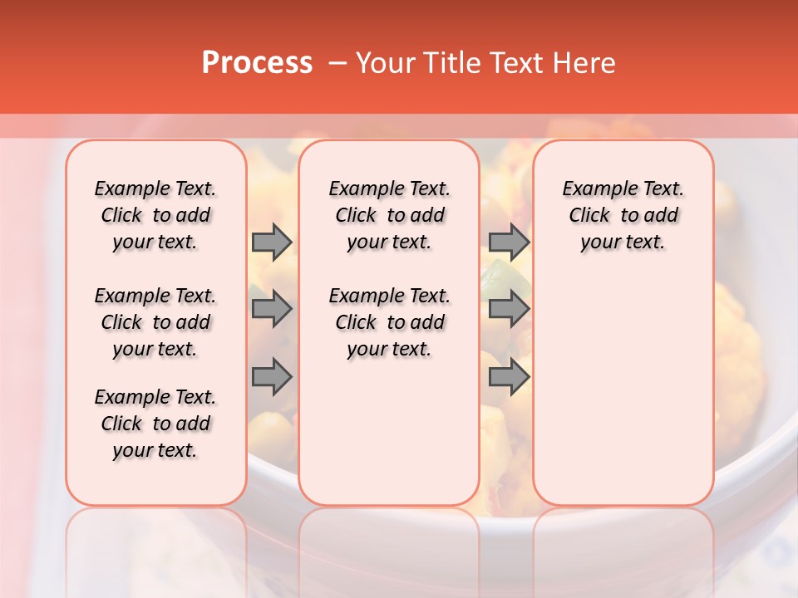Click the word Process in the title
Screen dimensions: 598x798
[257, 63]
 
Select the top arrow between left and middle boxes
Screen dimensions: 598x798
[272, 243]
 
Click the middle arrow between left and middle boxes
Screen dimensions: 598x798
[272, 310]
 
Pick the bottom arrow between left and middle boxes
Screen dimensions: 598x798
[272, 377]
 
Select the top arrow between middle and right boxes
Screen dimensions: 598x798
[509, 243]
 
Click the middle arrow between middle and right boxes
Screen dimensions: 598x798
[509, 310]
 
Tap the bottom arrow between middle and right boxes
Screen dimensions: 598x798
[509, 377]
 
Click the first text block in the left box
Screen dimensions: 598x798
[155, 215]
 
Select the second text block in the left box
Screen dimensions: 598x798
[155, 322]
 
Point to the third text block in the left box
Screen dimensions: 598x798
[155, 424]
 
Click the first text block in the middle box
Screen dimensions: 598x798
[389, 215]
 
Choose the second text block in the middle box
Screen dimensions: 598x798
[389, 322]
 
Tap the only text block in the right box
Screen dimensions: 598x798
[623, 215]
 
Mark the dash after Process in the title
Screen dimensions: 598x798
[337, 63]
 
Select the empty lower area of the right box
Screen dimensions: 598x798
[623, 390]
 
